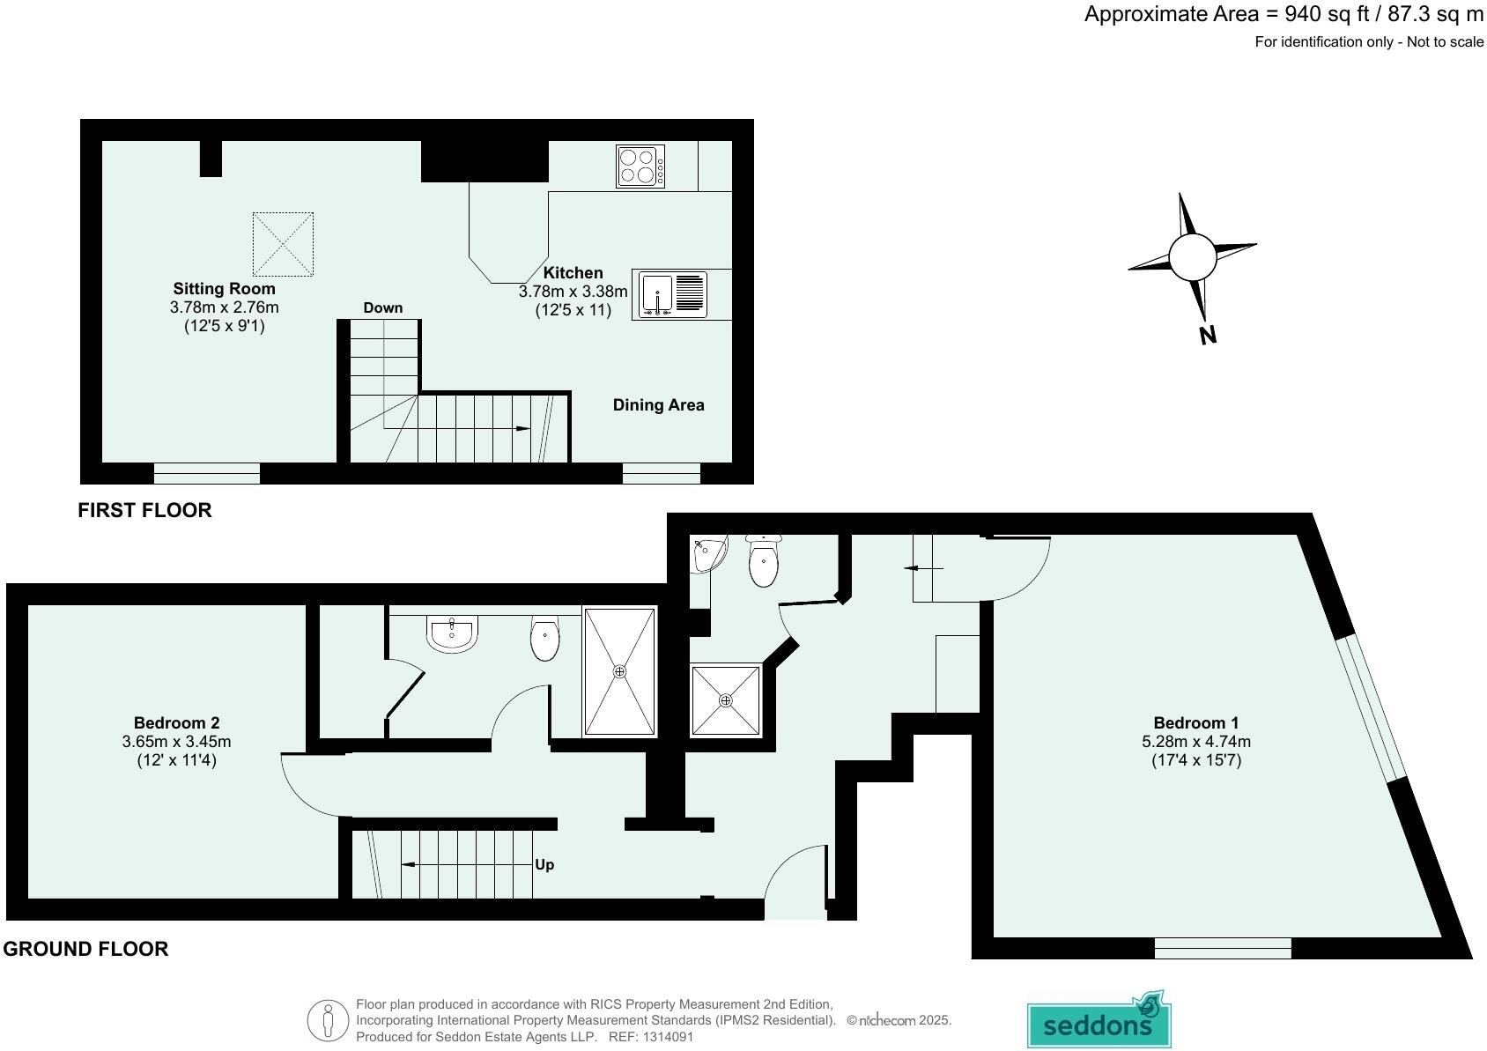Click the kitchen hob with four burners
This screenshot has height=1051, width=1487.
[x=640, y=167]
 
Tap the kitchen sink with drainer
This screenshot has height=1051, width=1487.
[x=670, y=293]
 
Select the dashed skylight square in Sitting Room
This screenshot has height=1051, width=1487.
[x=283, y=244]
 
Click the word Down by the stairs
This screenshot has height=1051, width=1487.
[x=382, y=307]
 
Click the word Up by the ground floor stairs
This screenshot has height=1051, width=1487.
[x=544, y=864]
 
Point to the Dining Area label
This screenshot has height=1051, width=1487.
[x=658, y=405]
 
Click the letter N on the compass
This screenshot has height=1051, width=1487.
[x=1208, y=335]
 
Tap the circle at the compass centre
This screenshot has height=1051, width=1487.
[x=1192, y=257]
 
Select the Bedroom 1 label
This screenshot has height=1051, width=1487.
[x=1195, y=722]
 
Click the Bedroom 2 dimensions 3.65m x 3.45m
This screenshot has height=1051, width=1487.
[x=176, y=742]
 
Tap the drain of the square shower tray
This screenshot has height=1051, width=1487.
[x=725, y=701]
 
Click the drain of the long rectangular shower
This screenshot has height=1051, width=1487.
[x=620, y=672]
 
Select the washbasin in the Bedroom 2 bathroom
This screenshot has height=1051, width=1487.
[x=452, y=633]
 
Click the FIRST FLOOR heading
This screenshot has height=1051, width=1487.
[x=144, y=510]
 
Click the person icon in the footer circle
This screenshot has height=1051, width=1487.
[x=328, y=1021]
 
